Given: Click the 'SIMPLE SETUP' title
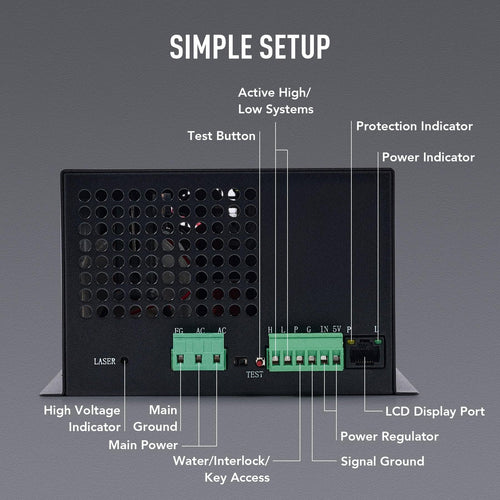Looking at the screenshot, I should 249,46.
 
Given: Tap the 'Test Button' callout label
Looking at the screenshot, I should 220,135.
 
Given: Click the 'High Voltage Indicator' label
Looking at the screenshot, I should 83,419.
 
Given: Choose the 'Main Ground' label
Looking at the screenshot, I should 163,419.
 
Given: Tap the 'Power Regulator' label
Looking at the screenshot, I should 389,436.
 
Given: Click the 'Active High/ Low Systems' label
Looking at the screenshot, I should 275,100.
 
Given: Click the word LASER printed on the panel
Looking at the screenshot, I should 105,360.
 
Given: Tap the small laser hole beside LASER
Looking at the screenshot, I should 125,361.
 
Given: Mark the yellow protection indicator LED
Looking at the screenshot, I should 352,342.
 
